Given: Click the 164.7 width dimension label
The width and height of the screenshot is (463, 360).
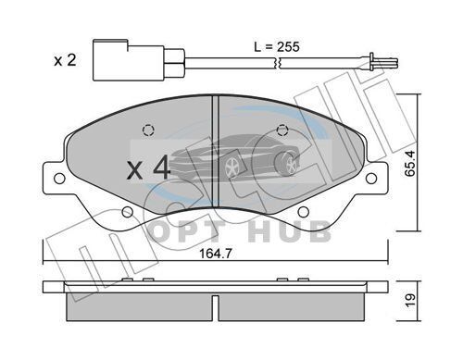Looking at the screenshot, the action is pyautogui.click(x=216, y=254).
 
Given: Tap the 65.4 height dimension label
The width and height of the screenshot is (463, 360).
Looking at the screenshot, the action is pyautogui.click(x=410, y=163).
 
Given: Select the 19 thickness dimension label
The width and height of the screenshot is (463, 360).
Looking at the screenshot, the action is pyautogui.click(x=410, y=301).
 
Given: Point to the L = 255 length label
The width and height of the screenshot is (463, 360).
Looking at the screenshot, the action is pyautogui.click(x=277, y=47).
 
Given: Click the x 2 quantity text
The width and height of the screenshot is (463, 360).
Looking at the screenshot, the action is pyautogui.click(x=65, y=60).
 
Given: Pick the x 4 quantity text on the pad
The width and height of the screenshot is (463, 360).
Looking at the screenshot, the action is pyautogui.click(x=148, y=168).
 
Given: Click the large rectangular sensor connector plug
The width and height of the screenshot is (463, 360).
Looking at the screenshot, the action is pyautogui.click(x=128, y=60).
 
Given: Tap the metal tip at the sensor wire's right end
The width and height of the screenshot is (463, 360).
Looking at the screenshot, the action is pyautogui.click(x=384, y=62).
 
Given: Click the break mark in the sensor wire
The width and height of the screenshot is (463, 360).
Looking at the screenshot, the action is pyautogui.click(x=277, y=63).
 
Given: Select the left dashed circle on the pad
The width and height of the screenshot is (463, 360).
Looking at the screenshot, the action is pyautogui.click(x=148, y=130).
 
